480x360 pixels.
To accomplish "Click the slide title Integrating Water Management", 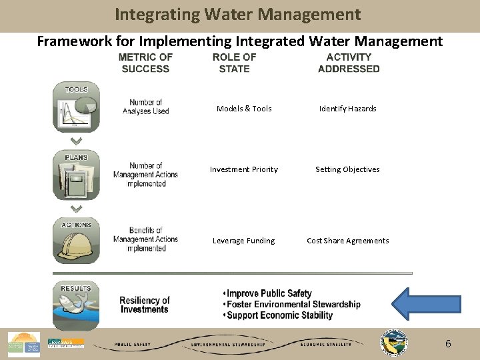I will (x=237, y=15).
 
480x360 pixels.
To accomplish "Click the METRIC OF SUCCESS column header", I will (x=145, y=63).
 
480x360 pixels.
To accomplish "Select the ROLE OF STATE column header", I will (x=234, y=63).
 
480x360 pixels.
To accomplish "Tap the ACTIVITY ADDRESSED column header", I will (x=349, y=63).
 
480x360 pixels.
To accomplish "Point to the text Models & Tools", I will (x=244, y=109).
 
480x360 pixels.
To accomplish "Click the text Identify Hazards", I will (x=347, y=109).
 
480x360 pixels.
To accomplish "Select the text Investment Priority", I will (x=244, y=169).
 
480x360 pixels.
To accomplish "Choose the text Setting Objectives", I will (x=347, y=169).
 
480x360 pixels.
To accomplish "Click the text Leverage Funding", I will (x=243, y=241).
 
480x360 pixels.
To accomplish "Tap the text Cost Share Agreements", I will (x=347, y=241).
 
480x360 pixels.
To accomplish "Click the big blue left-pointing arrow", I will (x=425, y=304).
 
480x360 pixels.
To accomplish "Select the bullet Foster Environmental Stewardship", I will (x=293, y=305).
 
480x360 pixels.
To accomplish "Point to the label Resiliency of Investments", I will (x=145, y=305).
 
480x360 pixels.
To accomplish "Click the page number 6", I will (x=448, y=344).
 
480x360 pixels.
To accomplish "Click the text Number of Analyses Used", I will (x=146, y=107).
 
